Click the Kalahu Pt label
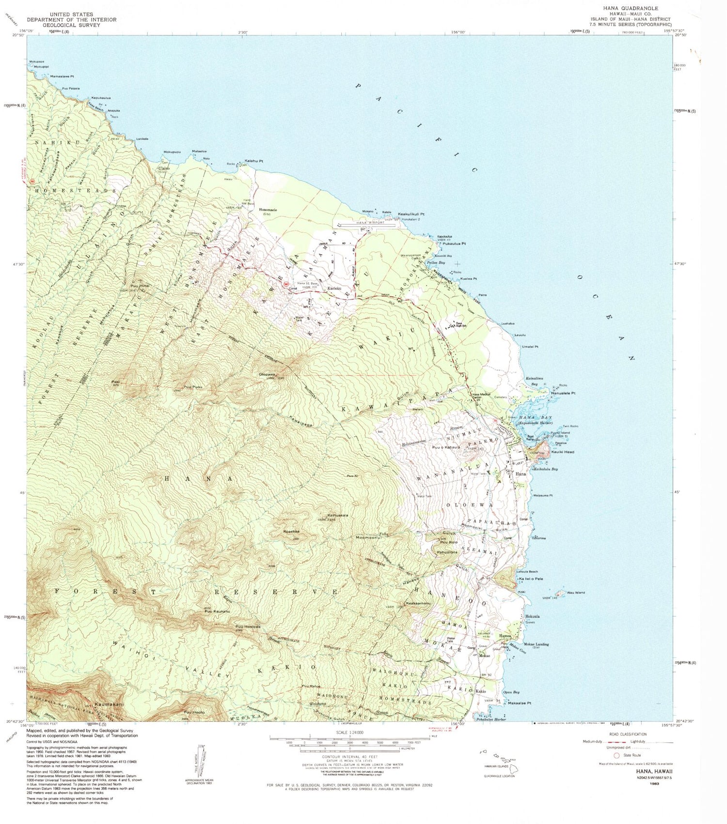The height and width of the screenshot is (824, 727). pyautogui.click(x=253, y=161)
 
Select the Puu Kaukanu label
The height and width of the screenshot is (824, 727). pyautogui.click(x=217, y=611)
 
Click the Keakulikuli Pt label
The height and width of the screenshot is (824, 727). pyautogui.click(x=411, y=214)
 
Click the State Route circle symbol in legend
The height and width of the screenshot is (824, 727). pyautogui.click(x=616, y=755)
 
